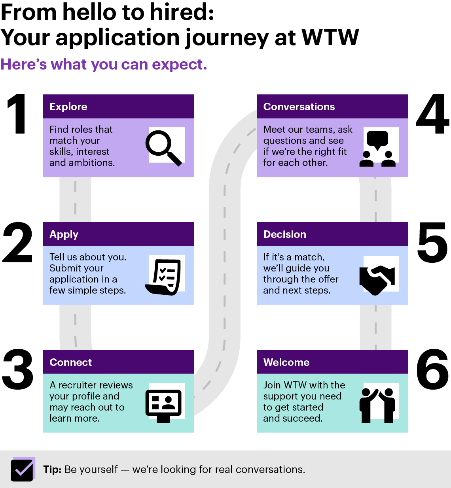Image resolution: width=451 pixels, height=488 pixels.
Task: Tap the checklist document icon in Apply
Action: click(x=163, y=277)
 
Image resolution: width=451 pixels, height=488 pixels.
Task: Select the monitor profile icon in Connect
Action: click(x=163, y=406)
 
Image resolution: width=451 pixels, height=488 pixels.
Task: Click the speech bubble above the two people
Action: click(x=377, y=140)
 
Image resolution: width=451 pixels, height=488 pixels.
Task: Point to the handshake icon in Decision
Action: click(x=377, y=280)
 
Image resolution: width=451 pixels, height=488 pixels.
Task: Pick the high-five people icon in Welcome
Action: click(x=377, y=405)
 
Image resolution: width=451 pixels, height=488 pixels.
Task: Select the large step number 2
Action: click(x=17, y=242)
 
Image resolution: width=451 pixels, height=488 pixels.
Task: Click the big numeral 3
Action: click(x=17, y=369)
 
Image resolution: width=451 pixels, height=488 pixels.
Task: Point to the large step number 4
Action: click(x=432, y=114)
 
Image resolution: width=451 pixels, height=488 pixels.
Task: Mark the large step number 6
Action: click(x=432, y=369)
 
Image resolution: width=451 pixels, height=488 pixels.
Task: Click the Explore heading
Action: click(x=68, y=107)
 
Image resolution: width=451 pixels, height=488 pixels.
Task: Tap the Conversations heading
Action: click(x=299, y=107)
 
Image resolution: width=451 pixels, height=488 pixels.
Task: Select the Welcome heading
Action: click(x=286, y=362)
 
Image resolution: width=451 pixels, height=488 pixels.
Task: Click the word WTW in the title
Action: click(x=330, y=38)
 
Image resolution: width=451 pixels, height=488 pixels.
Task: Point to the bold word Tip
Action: click(x=52, y=469)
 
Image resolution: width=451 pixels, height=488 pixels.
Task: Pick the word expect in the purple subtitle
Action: click(x=180, y=65)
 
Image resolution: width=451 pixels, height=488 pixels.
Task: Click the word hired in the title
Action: click(x=182, y=12)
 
